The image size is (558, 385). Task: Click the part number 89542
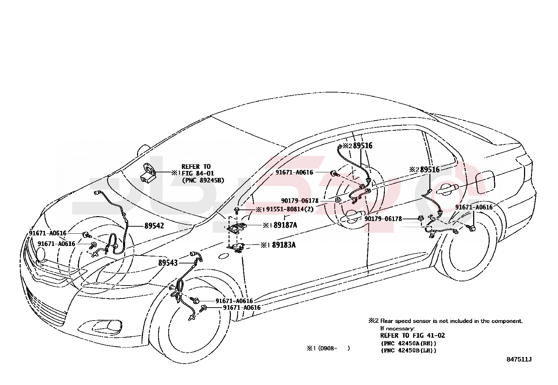[154, 226]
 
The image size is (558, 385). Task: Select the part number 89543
[168, 263]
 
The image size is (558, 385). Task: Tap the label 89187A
[285, 225]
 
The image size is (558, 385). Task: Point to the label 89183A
[284, 245]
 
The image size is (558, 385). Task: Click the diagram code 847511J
[519, 359]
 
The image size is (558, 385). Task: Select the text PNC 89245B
[203, 180]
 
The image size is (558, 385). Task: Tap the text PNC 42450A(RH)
[408, 343]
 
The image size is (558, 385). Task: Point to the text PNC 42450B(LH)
[408, 350]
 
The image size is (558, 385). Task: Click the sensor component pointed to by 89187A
[238, 228]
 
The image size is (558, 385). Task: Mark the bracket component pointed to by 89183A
[237, 247]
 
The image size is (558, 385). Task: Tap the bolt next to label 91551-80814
[237, 210]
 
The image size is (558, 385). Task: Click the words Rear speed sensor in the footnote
[400, 321]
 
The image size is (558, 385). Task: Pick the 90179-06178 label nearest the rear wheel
[383, 219]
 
